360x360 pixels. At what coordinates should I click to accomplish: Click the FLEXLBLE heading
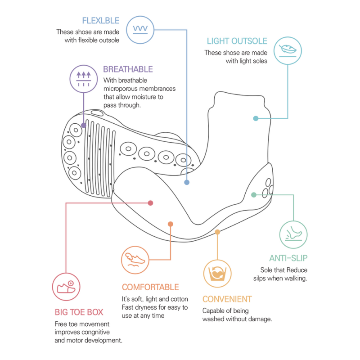(x=101, y=21)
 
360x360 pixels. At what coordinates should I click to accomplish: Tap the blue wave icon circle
(x=140, y=30)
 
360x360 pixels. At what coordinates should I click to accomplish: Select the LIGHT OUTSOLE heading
(x=237, y=41)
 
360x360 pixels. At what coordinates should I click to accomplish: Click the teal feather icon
(x=288, y=50)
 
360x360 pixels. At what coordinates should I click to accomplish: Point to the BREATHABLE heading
(x=128, y=69)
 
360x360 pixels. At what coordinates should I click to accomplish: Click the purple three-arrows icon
(x=84, y=79)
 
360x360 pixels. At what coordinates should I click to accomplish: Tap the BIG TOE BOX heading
(x=79, y=312)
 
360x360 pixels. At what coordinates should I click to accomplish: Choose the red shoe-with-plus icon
(x=66, y=287)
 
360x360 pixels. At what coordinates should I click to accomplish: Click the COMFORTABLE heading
(x=150, y=287)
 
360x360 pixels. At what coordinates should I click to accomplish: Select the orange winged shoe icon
(x=135, y=260)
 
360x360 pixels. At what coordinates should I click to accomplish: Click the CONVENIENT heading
(x=227, y=299)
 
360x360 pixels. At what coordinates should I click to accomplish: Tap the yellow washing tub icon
(x=217, y=274)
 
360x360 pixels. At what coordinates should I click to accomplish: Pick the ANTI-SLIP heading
(x=288, y=258)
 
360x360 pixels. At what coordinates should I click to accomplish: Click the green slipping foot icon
(x=293, y=234)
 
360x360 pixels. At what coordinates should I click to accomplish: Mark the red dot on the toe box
(x=150, y=203)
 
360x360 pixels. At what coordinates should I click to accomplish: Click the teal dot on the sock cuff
(x=256, y=118)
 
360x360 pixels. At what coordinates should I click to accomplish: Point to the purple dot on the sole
(x=84, y=125)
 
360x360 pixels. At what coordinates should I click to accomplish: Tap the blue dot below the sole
(x=187, y=182)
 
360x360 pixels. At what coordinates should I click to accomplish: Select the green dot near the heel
(x=254, y=195)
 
